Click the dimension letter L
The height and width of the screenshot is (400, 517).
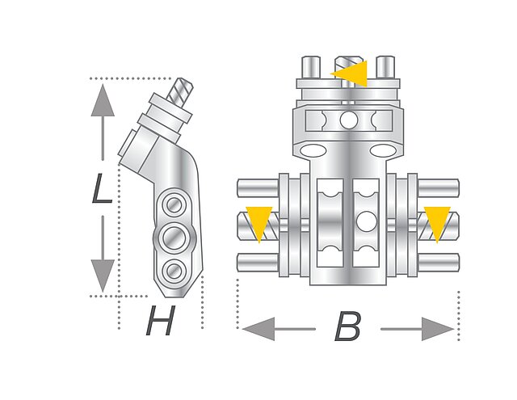[x=101, y=192]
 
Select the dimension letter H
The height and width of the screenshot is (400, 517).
[x=160, y=324]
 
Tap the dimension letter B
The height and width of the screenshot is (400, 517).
[x=347, y=328]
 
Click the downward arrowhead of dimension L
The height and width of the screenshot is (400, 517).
[x=102, y=276]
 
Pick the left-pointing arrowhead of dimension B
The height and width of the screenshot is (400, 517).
[x=257, y=329]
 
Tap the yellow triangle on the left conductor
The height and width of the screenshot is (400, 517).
[x=258, y=222]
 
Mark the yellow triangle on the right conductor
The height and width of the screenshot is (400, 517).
[x=437, y=222]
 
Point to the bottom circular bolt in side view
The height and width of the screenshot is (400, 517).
[x=172, y=269]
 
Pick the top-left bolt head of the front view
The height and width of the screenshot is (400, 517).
[x=309, y=65]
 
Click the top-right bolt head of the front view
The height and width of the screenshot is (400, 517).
[x=386, y=65]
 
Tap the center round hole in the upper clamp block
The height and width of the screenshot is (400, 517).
[x=348, y=120]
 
